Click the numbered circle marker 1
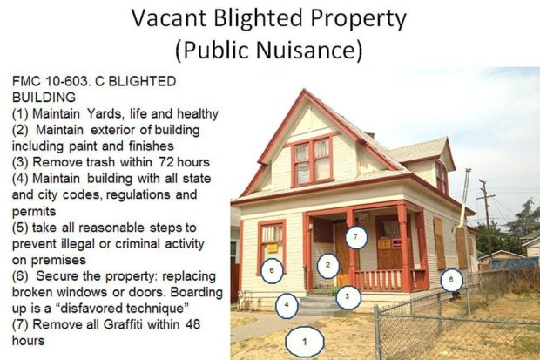(305, 342)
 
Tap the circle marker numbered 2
(327, 265)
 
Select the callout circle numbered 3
(348, 297)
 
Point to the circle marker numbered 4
(287, 305)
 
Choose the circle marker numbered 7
(356, 237)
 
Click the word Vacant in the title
(169, 18)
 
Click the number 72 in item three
(166, 162)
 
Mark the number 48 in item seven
(192, 324)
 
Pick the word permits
(34, 211)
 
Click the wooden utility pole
(487, 220)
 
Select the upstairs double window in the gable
(313, 161)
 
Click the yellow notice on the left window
(272, 248)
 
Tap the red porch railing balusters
(379, 280)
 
